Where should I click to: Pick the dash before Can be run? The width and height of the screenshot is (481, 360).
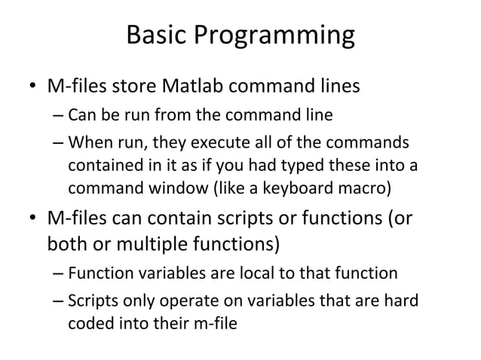[59, 117]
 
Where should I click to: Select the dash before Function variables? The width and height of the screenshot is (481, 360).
[59, 273]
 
